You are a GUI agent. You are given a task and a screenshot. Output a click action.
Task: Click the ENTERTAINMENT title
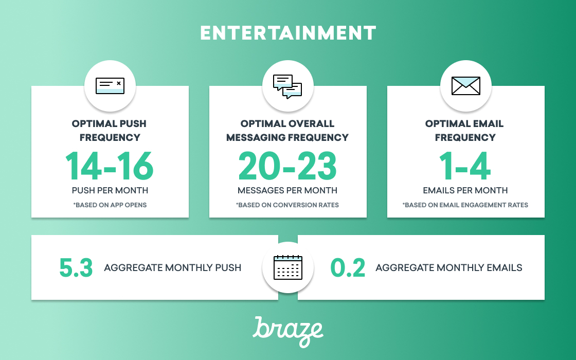pyautogui.click(x=288, y=33)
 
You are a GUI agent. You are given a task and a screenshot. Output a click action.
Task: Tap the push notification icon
pyautogui.click(x=110, y=86)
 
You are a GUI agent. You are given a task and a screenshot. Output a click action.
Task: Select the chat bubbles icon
pyautogui.click(x=287, y=87)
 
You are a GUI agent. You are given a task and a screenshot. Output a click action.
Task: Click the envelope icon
pyautogui.click(x=466, y=86)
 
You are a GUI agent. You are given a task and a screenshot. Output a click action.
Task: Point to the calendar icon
pyautogui.click(x=288, y=267)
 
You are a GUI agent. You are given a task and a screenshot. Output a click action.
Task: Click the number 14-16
pyautogui.click(x=110, y=166)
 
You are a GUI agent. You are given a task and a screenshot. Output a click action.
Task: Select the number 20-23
pyautogui.click(x=287, y=166)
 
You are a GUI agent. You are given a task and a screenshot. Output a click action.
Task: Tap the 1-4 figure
pyautogui.click(x=465, y=166)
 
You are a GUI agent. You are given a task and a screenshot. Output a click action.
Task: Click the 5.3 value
pyautogui.click(x=76, y=267)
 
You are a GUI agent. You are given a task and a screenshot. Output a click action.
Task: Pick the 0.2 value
pyautogui.click(x=348, y=267)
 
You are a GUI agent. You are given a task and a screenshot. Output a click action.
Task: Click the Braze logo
pyautogui.click(x=288, y=331)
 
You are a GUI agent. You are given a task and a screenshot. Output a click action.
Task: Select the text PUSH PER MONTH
pyautogui.click(x=110, y=190)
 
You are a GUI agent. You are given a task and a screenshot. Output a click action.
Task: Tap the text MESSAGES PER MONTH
pyautogui.click(x=287, y=190)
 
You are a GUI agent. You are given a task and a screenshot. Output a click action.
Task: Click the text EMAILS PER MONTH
pyautogui.click(x=465, y=190)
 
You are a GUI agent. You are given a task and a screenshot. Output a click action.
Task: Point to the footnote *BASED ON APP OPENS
pyautogui.click(x=110, y=205)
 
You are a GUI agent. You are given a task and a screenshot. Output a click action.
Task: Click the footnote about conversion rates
pyautogui.click(x=287, y=205)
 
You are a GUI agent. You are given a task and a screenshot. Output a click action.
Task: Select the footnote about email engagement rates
pyautogui.click(x=465, y=205)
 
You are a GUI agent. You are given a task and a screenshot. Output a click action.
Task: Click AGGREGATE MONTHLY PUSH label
pyautogui.click(x=173, y=267)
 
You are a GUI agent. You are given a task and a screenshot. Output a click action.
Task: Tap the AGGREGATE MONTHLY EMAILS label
pyautogui.click(x=449, y=267)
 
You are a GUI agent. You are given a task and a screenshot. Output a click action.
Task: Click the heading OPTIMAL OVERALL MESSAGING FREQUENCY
pyautogui.click(x=287, y=131)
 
